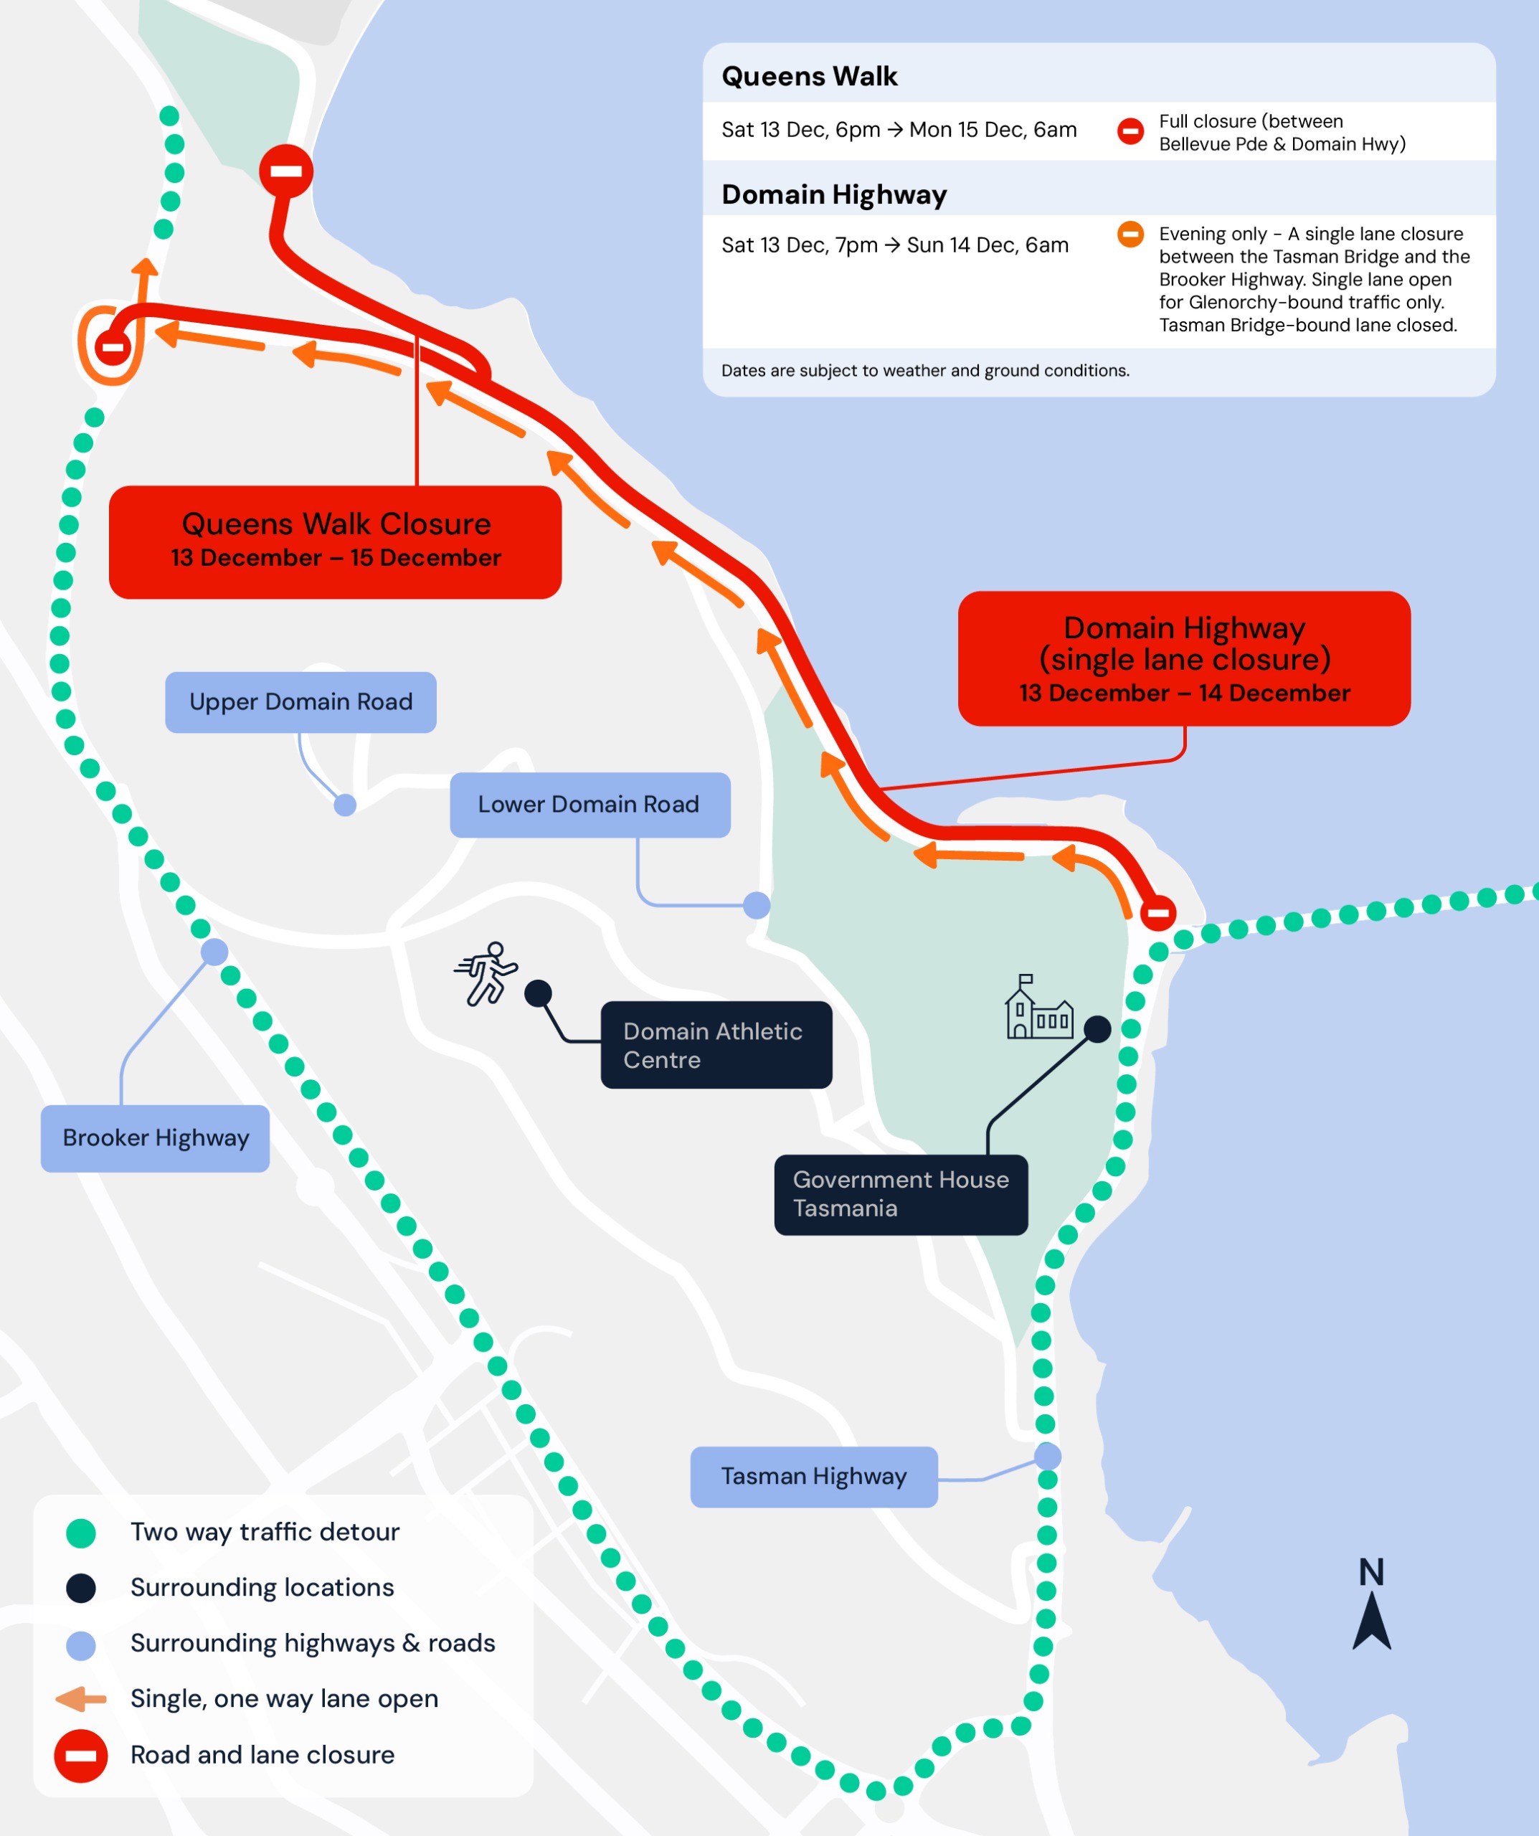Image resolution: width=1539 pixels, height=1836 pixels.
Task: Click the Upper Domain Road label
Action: (x=300, y=702)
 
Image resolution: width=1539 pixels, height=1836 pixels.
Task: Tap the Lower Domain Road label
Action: (x=589, y=805)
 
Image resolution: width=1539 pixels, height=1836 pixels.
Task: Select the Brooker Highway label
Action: (x=155, y=1138)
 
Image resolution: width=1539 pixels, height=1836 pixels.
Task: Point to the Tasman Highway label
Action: (x=813, y=1477)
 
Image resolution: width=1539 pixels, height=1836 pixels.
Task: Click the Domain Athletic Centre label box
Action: (x=715, y=1045)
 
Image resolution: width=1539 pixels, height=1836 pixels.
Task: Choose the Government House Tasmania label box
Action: (x=900, y=1194)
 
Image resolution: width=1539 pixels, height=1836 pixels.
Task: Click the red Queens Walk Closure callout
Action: (x=335, y=542)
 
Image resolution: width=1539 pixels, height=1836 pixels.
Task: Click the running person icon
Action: (x=486, y=973)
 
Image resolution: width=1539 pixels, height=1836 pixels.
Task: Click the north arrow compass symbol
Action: (x=1371, y=1604)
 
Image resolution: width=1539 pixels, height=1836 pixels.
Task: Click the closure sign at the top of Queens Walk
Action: (x=286, y=171)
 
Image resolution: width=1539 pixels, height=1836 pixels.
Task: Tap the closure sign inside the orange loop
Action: (x=113, y=347)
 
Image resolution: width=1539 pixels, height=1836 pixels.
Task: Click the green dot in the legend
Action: (x=81, y=1533)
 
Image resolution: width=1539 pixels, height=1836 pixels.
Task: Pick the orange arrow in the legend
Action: (x=81, y=1699)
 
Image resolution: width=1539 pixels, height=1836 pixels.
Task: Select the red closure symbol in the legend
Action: (x=81, y=1756)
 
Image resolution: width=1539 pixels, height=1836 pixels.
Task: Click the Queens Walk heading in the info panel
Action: (x=809, y=77)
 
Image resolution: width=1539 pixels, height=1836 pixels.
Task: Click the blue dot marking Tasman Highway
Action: (x=1048, y=1456)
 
